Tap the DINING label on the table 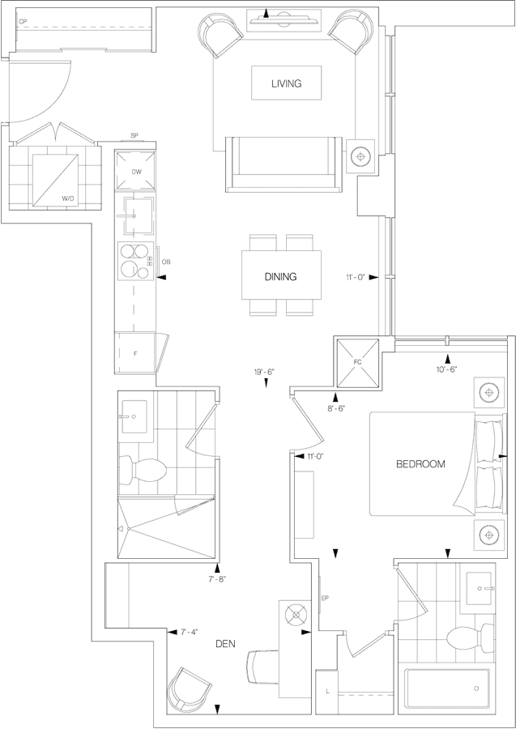point(280,276)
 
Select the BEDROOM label point(420,464)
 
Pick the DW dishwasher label point(136,173)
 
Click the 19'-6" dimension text point(264,373)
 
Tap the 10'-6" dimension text point(446,369)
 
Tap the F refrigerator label point(135,354)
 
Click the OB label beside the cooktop point(166,262)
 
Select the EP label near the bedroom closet point(325,599)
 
